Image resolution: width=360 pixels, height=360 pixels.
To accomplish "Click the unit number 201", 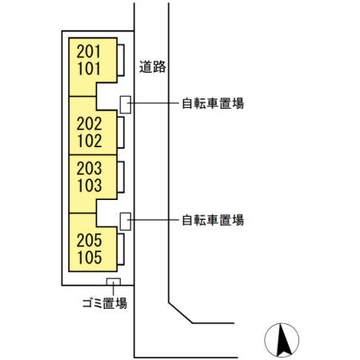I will click(x=89, y=51).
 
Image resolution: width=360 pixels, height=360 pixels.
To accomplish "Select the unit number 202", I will click(x=89, y=124).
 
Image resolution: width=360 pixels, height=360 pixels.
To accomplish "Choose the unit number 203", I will click(x=89, y=168).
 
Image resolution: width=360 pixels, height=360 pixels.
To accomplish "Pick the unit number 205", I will click(x=89, y=241).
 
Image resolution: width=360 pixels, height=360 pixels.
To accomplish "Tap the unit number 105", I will click(x=89, y=258).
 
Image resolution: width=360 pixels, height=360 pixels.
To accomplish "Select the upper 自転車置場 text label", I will click(x=212, y=102).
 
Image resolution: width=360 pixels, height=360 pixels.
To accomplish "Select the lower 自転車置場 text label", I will click(x=212, y=219).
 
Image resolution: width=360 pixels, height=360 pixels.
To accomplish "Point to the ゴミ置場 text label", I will click(x=104, y=303).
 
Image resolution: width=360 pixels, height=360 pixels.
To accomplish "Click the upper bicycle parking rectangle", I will click(x=125, y=104).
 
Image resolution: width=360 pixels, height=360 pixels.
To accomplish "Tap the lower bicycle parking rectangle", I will click(x=125, y=220).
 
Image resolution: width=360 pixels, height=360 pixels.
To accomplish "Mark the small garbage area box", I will click(x=113, y=282).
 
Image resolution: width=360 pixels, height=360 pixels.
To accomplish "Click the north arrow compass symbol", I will click(x=282, y=339).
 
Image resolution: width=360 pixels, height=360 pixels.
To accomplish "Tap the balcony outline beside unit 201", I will click(x=120, y=61).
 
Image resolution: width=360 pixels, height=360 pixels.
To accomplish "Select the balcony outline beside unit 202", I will click(x=120, y=132).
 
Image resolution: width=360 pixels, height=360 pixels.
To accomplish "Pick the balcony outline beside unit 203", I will click(x=120, y=177).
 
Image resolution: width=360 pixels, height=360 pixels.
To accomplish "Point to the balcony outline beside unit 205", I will click(x=120, y=249).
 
